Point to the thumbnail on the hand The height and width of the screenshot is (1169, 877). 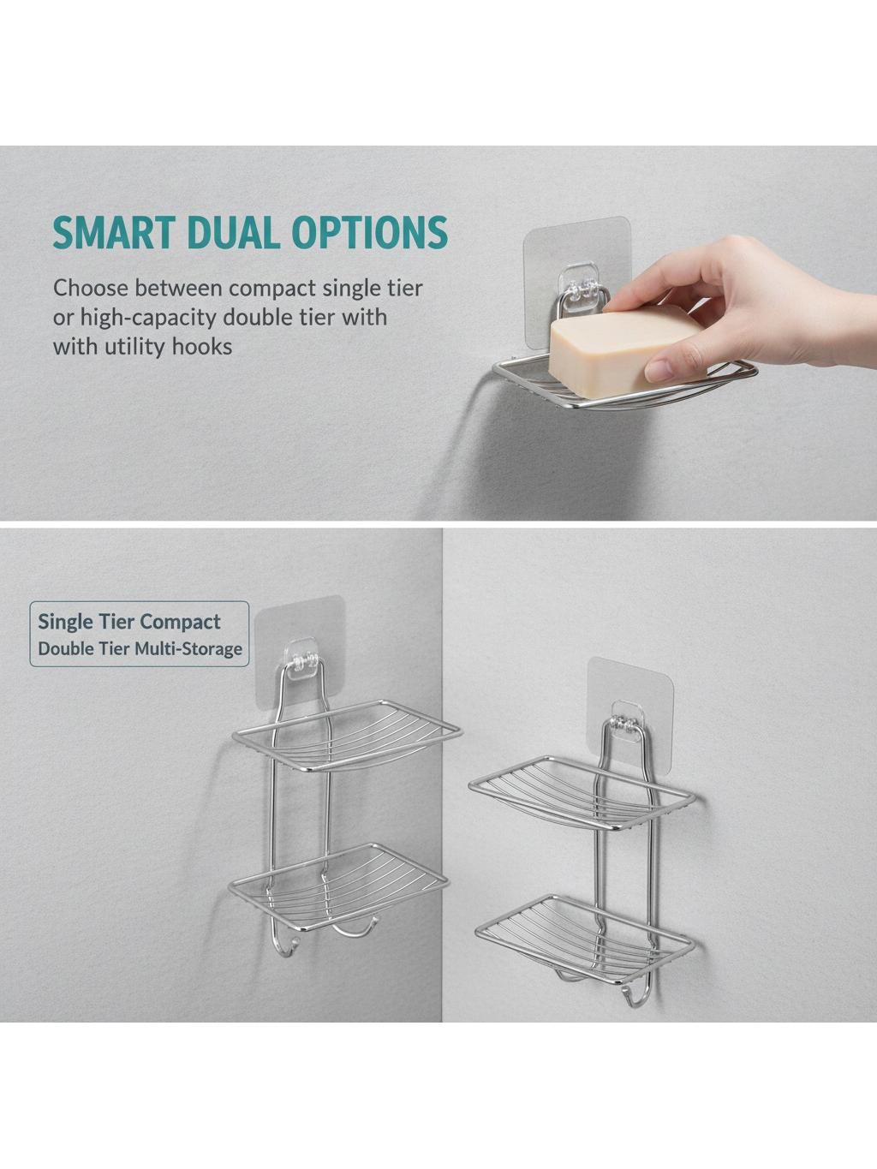coord(661,370)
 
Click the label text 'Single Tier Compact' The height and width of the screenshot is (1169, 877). coord(128,622)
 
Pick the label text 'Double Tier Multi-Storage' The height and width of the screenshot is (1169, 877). coord(140,648)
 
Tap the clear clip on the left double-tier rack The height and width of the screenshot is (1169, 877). coord(302,657)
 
